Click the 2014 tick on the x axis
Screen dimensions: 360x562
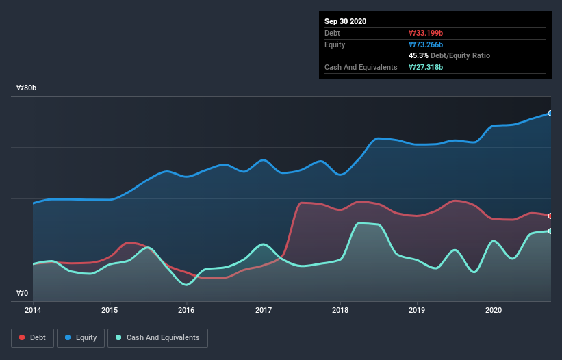(33, 310)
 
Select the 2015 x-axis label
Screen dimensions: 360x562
(110, 310)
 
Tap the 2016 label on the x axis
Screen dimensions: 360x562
(186, 310)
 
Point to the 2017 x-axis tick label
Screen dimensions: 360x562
(263, 310)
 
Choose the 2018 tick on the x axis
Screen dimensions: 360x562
(340, 310)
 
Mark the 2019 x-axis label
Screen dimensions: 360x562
(416, 310)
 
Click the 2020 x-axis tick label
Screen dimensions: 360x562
(493, 310)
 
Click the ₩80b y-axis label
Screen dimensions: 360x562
(27, 88)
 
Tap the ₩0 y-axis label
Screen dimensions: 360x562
(23, 294)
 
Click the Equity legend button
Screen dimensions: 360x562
(81, 337)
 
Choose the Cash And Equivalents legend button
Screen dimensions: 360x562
(157, 337)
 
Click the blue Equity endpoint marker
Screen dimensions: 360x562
(550, 113)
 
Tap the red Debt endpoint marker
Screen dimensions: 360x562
(550, 216)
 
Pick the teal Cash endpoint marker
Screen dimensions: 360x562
(550, 231)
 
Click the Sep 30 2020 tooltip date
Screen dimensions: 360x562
(346, 21)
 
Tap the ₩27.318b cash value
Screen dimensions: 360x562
(426, 67)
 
